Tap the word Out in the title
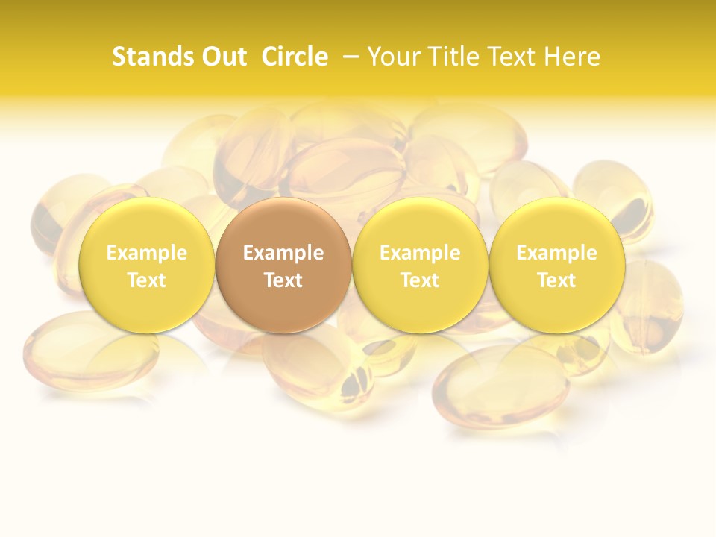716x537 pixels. pos(222,57)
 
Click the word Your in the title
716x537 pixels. pos(395,57)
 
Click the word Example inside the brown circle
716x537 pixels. pos(283,253)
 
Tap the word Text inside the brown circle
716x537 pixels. pos(283,280)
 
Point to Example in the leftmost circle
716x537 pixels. pos(147,253)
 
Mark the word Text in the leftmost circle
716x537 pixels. pos(147,280)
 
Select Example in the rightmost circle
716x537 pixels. pos(557,253)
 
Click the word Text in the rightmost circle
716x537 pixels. pos(557,280)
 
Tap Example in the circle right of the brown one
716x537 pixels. pos(420,253)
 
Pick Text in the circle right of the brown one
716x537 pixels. pos(420,280)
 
